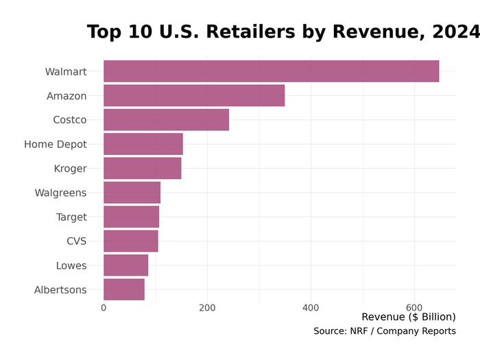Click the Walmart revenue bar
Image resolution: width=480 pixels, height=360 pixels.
coord(271,71)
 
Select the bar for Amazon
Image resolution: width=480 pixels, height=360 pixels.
coord(194,96)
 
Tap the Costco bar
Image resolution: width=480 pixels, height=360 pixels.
coord(166,120)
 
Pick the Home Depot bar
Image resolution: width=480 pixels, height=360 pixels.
coord(143,144)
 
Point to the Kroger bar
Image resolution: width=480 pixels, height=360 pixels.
coord(142,169)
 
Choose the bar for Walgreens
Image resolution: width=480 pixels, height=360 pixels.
coord(132,193)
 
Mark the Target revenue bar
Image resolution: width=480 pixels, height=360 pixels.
coord(131,217)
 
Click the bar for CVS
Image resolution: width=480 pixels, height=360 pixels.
coord(130,241)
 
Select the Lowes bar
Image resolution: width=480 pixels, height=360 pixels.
coord(125,265)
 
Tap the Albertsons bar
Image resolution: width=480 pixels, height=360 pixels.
coord(124,289)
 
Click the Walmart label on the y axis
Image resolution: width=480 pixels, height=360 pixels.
coord(66,72)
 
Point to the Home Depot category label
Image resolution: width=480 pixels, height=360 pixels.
coord(56,145)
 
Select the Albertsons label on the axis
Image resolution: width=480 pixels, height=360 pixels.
coord(60,290)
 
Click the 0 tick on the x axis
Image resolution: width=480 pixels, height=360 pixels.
coord(104,308)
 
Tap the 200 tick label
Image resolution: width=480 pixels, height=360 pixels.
coord(207,308)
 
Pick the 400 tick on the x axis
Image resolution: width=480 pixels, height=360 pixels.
coord(311,308)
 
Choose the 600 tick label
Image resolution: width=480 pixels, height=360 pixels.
coord(414,308)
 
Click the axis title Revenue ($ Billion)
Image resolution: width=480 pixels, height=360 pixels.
coord(408,317)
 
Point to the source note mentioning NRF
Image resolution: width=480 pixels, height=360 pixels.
coord(384,331)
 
